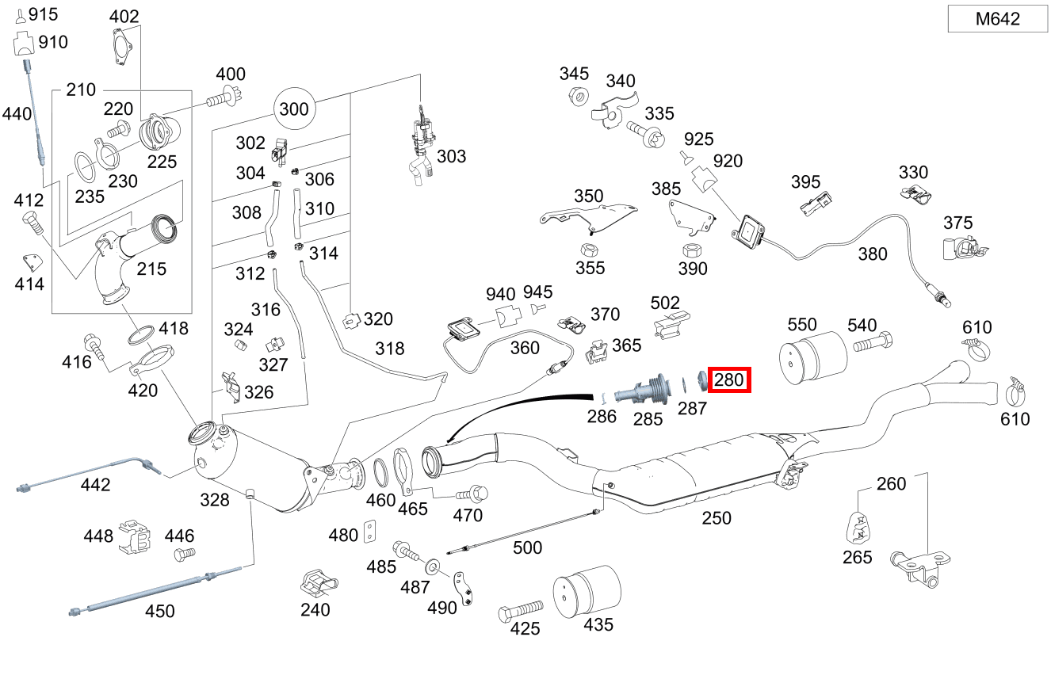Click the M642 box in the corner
click(x=998, y=19)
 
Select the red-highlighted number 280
click(x=729, y=380)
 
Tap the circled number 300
click(x=294, y=109)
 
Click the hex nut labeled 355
click(x=590, y=250)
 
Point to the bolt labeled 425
click(x=520, y=611)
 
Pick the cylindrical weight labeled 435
click(x=587, y=591)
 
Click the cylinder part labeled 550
click(x=813, y=357)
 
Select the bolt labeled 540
click(x=873, y=342)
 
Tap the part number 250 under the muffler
click(x=717, y=518)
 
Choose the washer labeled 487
click(x=432, y=566)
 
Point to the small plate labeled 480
click(x=370, y=532)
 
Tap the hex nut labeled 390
click(x=692, y=250)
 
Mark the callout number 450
click(x=159, y=611)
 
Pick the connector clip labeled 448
click(x=135, y=536)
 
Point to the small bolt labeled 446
click(x=184, y=555)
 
